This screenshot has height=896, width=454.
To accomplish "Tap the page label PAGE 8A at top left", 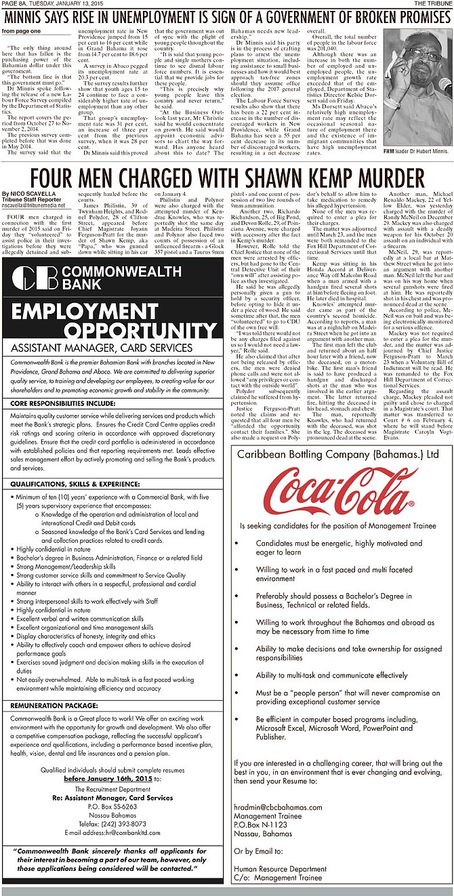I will (15, 3).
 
